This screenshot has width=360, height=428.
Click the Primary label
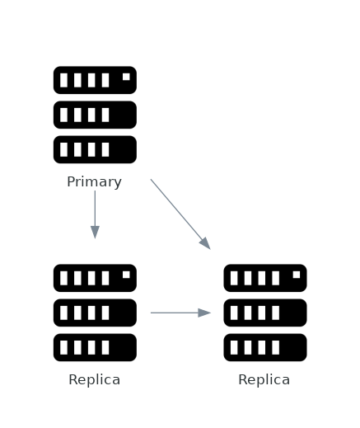tap(94, 182)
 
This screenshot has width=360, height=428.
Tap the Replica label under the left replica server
tap(94, 380)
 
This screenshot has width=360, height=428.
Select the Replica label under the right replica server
tap(264, 380)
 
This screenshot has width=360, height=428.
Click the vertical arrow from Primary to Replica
tap(95, 211)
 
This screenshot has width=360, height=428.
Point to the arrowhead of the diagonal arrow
tap(205, 243)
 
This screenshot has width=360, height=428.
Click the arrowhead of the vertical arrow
tap(95, 232)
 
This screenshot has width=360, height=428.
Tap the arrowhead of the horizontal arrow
tap(204, 313)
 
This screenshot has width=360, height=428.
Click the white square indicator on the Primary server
tap(126, 77)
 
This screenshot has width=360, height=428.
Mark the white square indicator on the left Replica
tap(126, 275)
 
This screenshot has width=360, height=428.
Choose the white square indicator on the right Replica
tap(296, 275)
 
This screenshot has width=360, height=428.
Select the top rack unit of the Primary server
tap(95, 80)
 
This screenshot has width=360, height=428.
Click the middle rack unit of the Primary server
tap(95, 115)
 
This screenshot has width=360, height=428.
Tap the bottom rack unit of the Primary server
tap(95, 149)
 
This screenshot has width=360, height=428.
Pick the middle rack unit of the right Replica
tap(264, 313)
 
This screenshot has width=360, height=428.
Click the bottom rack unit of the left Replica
tap(95, 347)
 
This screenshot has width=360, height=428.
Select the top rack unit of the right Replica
tap(264, 278)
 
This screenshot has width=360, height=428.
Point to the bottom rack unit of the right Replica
tap(264, 347)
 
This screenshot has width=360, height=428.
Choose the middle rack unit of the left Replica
tap(95, 313)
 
